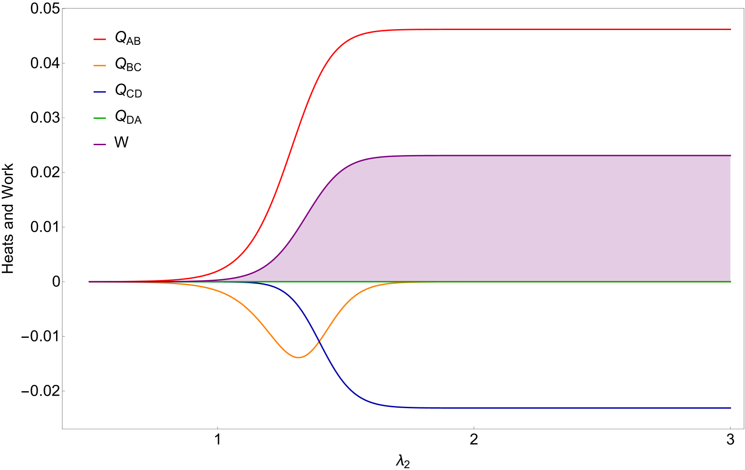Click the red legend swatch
[100, 39]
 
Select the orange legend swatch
[100, 65]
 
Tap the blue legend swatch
[100, 92]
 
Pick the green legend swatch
[100, 118]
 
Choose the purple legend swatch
[100, 145]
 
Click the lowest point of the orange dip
[299, 358]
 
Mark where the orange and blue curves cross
[319, 342]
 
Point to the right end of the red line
[731, 30]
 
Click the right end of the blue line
[731, 408]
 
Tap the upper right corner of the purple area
[730, 155]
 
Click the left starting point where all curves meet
[89, 282]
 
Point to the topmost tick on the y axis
[64, 9]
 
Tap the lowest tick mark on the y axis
[64, 391]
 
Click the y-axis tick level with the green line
[64, 282]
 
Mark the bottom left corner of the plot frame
[62, 429]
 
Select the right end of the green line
[731, 282]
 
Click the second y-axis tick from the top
[64, 63]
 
